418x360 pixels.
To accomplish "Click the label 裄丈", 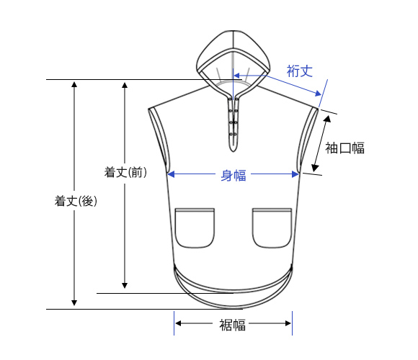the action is pos(299,71).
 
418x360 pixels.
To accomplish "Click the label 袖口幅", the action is pos(344,148).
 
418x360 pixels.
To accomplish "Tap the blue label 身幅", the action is pos(234,176).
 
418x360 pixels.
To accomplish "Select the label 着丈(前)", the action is pos(125,172).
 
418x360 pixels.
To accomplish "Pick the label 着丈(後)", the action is pos(76,201).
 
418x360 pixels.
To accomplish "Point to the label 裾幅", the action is pos(232,325).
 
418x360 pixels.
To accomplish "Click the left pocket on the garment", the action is pos(195,228).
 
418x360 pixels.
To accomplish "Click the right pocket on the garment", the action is pos(272,228).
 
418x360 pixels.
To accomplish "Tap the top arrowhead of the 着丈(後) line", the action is pos(74,84).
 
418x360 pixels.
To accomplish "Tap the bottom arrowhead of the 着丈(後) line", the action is pos(74,303).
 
